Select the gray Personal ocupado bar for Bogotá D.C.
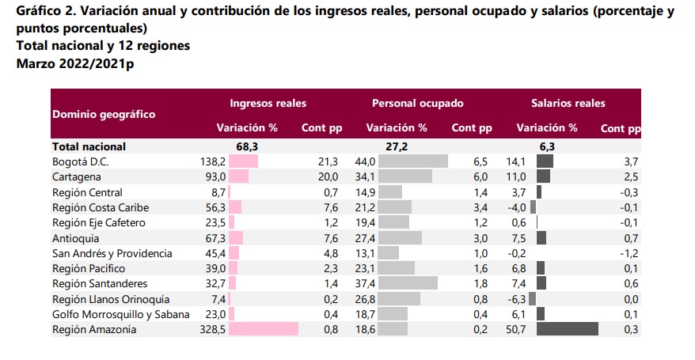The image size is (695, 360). (413, 161)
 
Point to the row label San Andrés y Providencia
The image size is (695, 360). (112, 253)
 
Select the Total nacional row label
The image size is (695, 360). (89, 146)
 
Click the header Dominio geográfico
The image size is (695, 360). (104, 114)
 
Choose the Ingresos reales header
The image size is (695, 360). (268, 103)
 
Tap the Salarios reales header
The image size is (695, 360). (568, 103)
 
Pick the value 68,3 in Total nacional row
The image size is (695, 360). (248, 146)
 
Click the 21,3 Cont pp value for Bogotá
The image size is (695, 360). (328, 161)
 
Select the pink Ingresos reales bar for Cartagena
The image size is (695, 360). (239, 176)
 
